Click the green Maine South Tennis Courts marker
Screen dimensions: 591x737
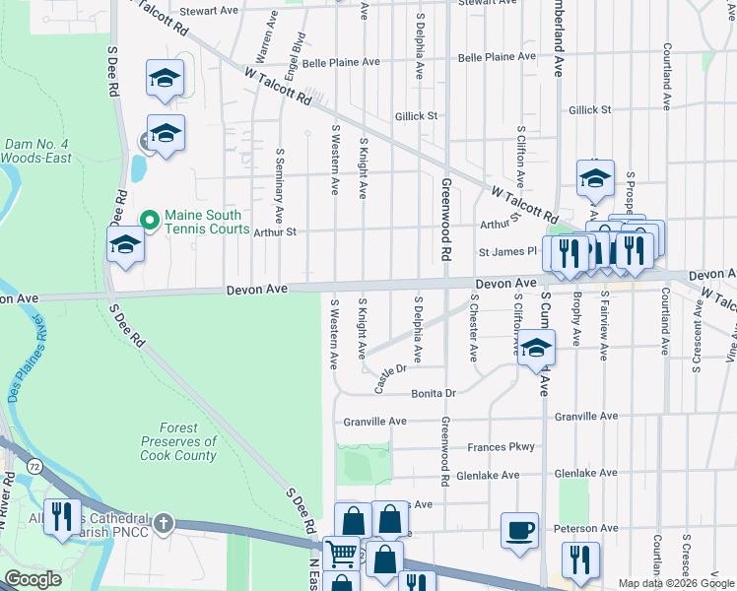[150, 219]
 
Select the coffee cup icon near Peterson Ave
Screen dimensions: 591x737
[519, 531]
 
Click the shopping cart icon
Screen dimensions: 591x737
[341, 554]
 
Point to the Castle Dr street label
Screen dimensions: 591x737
[391, 376]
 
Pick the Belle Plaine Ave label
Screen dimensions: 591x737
[341, 62]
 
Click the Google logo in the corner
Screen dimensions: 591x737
[33, 579]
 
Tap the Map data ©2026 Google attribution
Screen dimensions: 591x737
[675, 583]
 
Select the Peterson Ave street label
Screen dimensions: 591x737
[584, 528]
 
